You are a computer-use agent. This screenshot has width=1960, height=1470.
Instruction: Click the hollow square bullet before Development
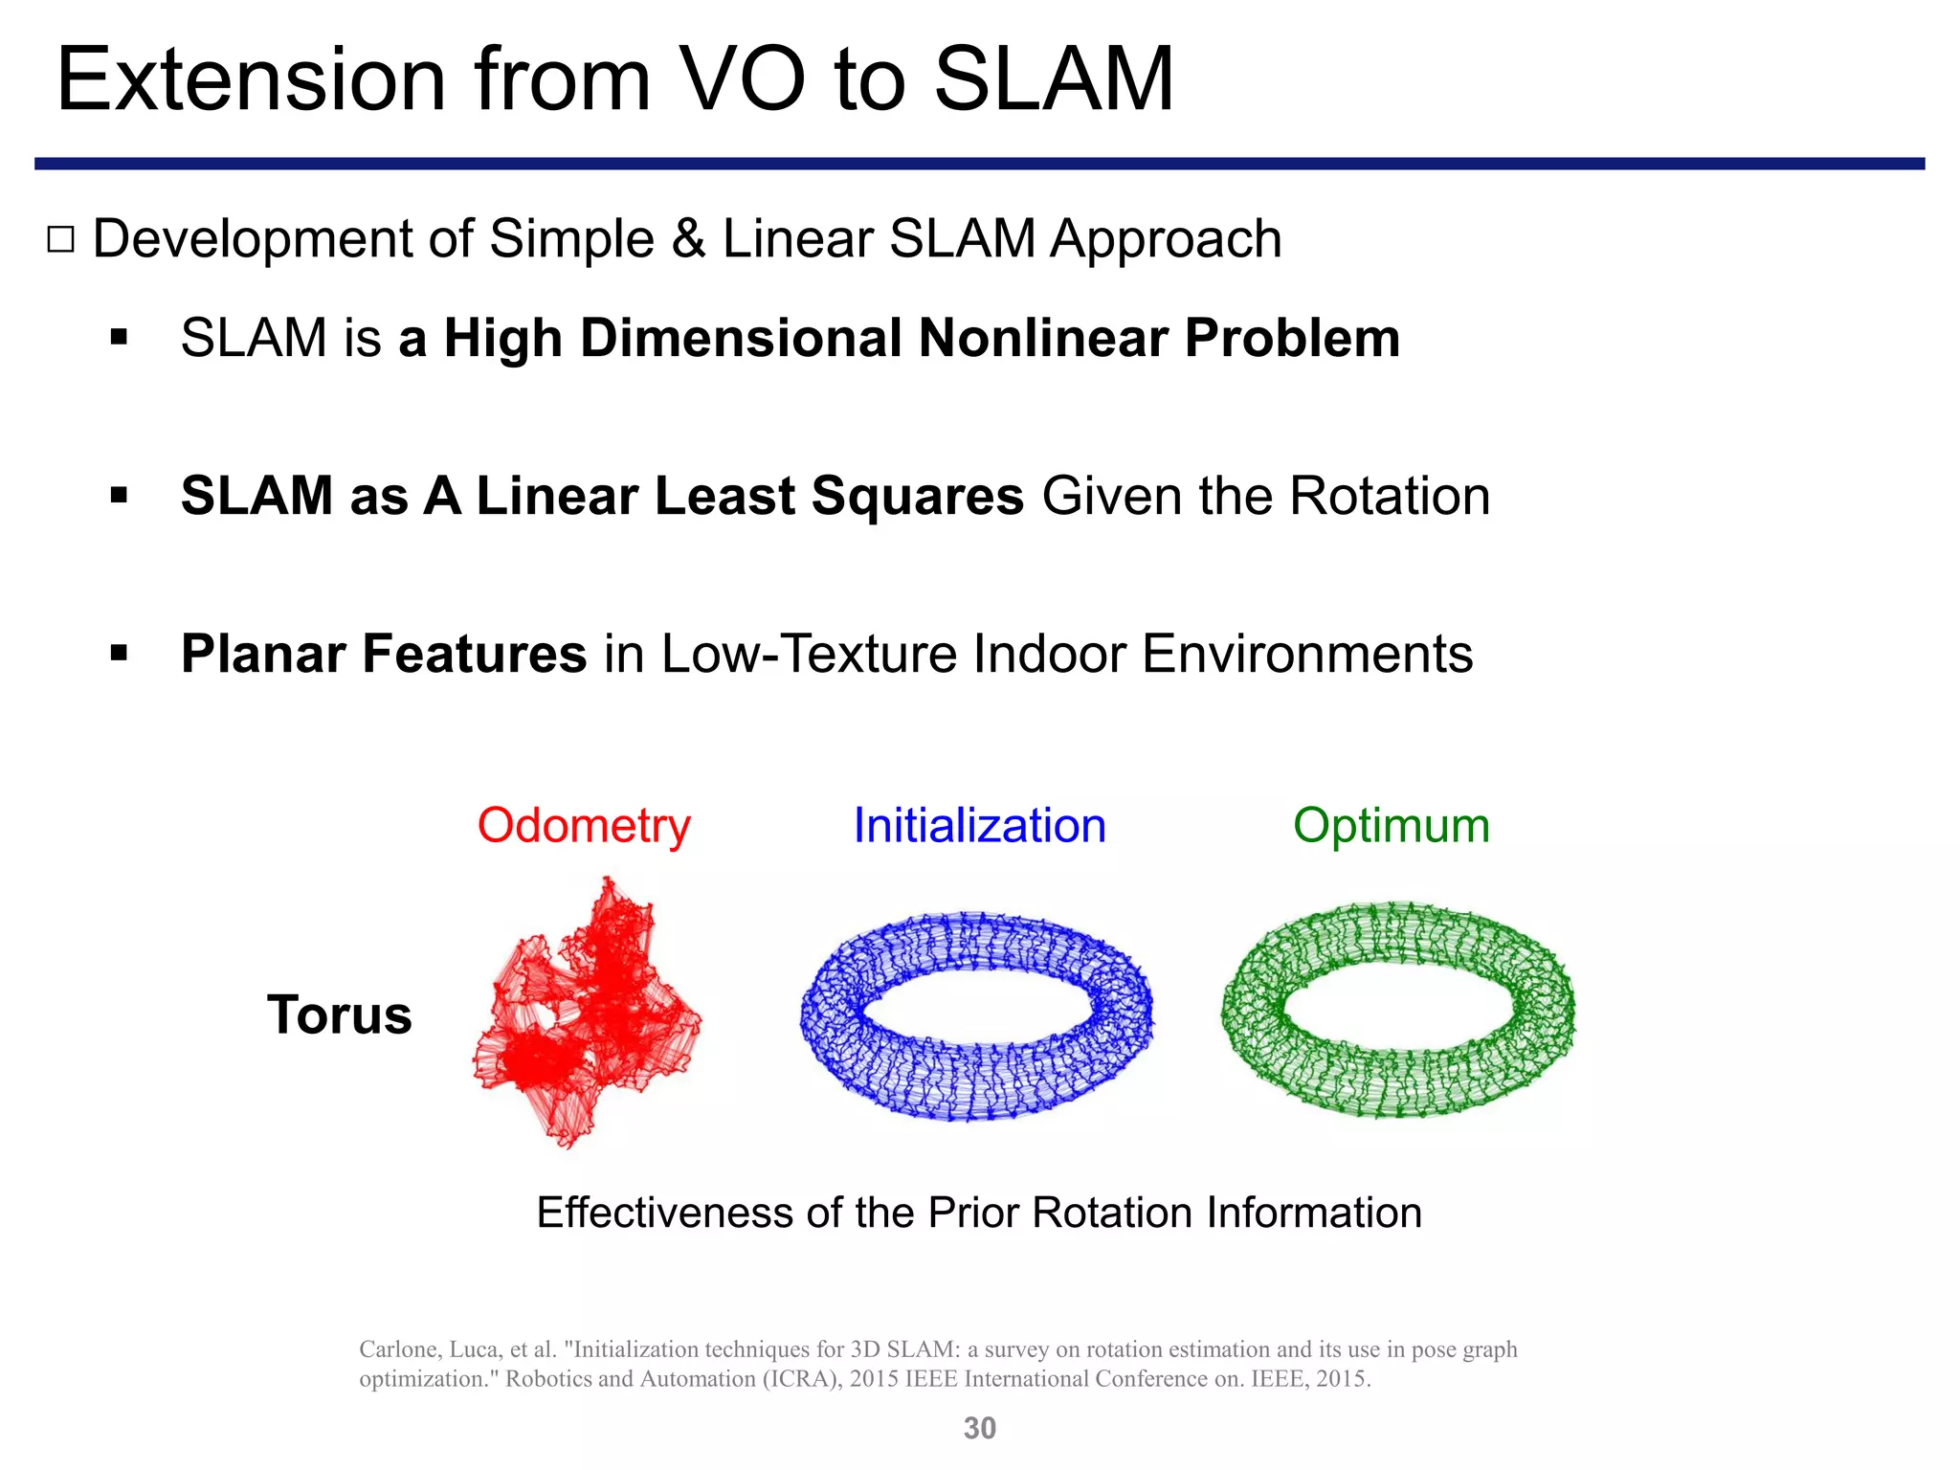(x=60, y=239)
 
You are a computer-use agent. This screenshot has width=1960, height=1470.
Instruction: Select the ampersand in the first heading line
(x=687, y=239)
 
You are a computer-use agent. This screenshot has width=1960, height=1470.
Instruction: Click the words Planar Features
(x=383, y=654)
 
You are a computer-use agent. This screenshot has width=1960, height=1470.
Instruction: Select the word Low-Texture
(x=809, y=654)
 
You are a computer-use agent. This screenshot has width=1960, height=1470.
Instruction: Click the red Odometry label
(x=584, y=825)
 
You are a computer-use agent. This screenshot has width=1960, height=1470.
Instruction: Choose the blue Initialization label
(x=979, y=825)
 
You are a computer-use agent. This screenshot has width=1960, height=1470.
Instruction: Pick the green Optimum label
(x=1391, y=825)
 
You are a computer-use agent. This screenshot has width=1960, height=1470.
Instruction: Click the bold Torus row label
(x=339, y=1014)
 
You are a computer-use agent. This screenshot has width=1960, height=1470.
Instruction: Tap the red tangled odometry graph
(x=589, y=1014)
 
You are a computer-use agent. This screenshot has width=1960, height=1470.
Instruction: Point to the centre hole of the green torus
(x=1397, y=1003)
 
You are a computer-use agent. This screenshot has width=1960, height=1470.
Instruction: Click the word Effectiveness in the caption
(x=664, y=1213)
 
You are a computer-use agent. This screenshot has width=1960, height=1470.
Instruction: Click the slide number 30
(x=979, y=1428)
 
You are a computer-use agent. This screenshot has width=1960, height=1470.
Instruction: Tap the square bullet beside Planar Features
(x=119, y=654)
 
